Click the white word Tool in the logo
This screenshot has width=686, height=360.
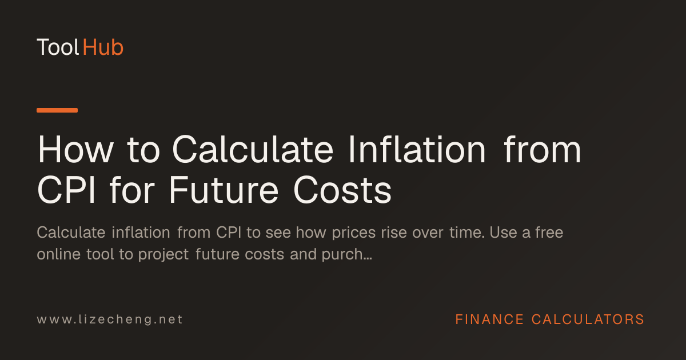58,47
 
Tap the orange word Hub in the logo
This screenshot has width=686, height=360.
103,47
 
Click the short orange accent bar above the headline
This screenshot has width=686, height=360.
57,110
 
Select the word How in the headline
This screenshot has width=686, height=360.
75,150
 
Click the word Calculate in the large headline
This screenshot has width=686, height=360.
253,149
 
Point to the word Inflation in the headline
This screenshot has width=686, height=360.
417,149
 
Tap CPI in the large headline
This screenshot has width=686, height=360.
66,190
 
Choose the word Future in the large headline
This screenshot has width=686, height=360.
224,190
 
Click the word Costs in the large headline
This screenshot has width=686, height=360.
342,190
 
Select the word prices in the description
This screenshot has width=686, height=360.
354,233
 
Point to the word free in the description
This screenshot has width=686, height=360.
549,233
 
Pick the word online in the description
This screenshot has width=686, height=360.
59,254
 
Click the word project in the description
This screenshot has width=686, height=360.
163,255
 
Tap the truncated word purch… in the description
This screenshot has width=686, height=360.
346,255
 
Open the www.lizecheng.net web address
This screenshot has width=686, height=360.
110,319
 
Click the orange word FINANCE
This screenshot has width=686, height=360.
489,319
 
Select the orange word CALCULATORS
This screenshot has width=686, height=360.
588,319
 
